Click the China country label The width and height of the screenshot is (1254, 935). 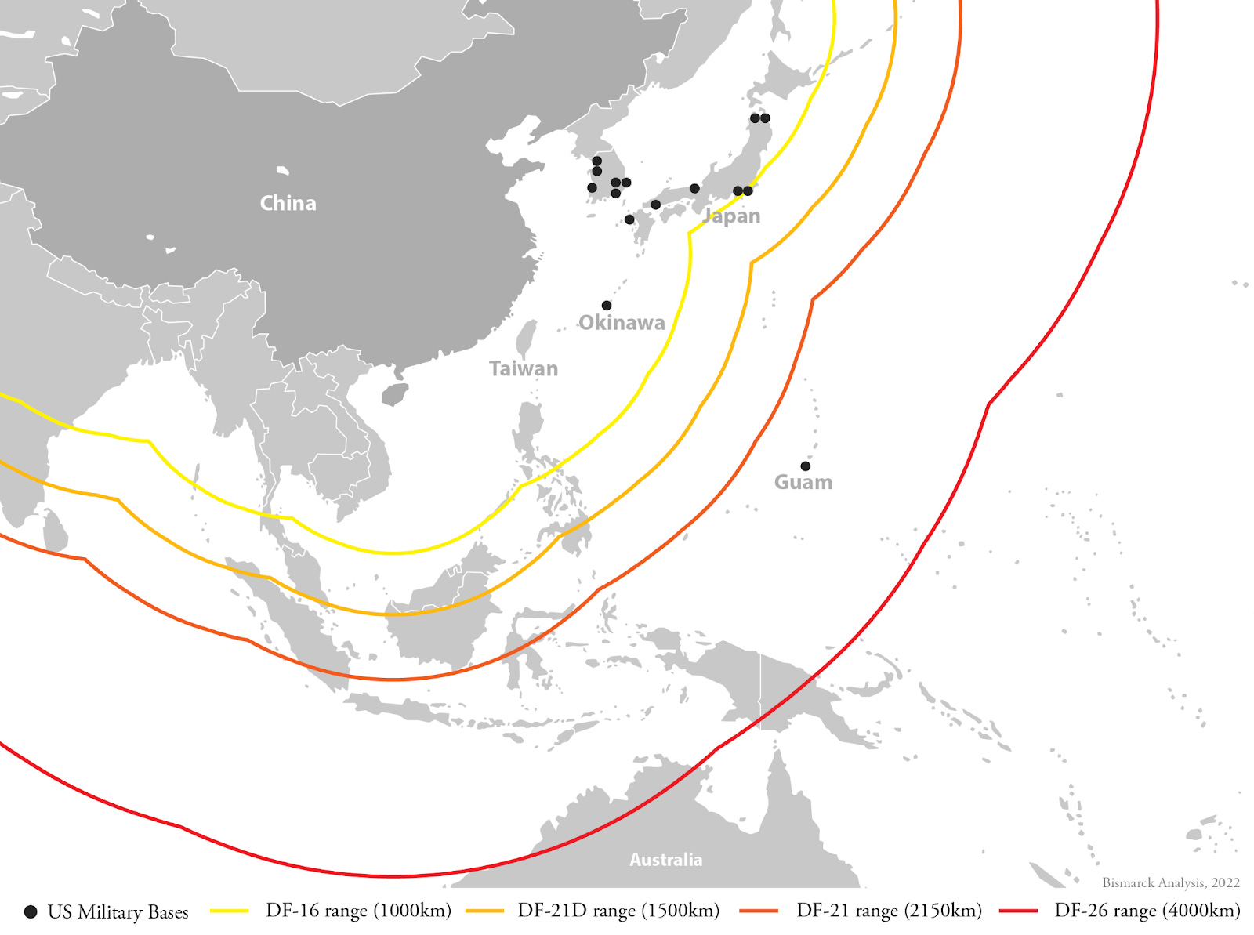[288, 203]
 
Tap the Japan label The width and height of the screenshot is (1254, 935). [732, 216]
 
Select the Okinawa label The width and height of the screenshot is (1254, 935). [622, 322]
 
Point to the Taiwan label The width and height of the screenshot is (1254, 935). [524, 368]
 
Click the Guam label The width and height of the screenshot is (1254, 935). [803, 482]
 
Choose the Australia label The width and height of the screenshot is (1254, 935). [665, 860]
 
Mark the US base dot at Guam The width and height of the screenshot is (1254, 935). [805, 466]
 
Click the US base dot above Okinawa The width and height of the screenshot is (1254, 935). [607, 306]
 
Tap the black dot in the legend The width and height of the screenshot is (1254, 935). [31, 911]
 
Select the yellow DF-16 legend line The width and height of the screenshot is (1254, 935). [230, 911]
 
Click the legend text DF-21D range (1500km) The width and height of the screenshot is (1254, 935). [618, 911]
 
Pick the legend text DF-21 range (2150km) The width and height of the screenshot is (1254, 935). [889, 911]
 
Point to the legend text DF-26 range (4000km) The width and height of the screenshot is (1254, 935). [1147, 911]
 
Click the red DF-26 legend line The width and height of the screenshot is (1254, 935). [1019, 911]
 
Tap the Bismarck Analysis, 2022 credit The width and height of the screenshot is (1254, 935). [1171, 882]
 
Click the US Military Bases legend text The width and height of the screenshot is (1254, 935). [118, 912]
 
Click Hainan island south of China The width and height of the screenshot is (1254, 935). [395, 394]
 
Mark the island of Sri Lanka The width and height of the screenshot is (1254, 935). [55, 531]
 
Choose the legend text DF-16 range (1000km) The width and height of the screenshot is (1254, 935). [358, 911]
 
